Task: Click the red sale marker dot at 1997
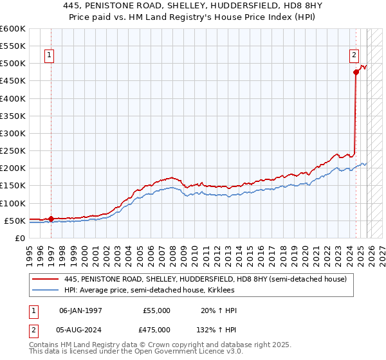click(x=51, y=219)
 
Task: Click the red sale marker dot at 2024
click(x=356, y=72)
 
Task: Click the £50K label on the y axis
click(x=14, y=221)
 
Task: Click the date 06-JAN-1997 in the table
click(x=80, y=310)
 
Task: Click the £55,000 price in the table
click(x=156, y=310)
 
